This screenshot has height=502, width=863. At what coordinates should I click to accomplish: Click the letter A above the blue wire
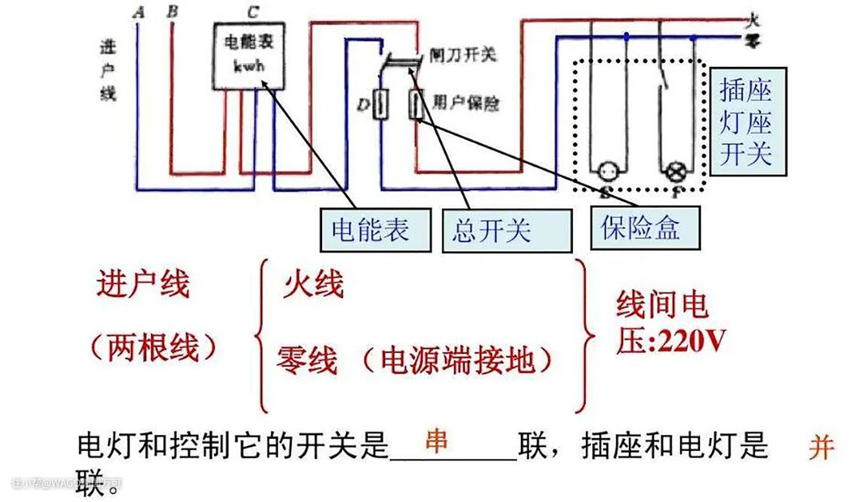click(x=141, y=12)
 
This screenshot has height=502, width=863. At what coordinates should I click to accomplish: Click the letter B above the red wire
click(x=172, y=12)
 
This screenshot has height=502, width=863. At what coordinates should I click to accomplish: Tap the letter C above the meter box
click(x=253, y=12)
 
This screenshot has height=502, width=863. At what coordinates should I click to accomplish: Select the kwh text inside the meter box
click(x=249, y=67)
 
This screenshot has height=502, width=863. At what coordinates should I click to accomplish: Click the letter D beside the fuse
click(x=363, y=105)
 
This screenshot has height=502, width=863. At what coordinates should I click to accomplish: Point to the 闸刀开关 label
click(x=463, y=54)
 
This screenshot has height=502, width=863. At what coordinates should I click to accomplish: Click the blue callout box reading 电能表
click(x=370, y=230)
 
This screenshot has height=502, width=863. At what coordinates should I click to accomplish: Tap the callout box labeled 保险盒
click(x=640, y=228)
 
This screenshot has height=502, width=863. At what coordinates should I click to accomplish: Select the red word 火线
click(x=313, y=285)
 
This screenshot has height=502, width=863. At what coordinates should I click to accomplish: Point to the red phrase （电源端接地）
click(x=455, y=361)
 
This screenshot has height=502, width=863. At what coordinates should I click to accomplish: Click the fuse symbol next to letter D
click(x=382, y=105)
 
